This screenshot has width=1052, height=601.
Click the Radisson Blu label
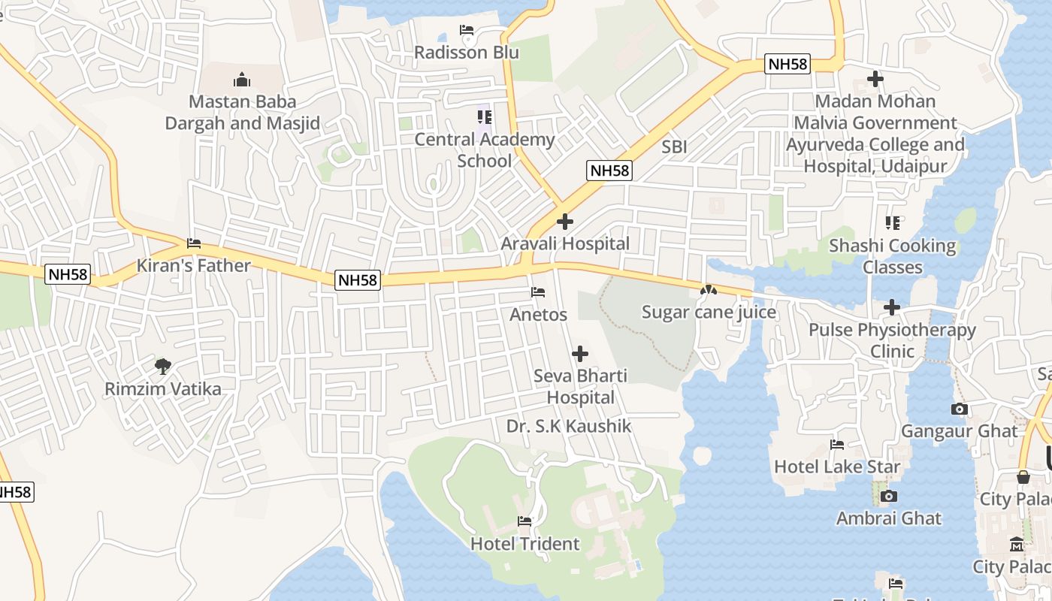pos(467,53)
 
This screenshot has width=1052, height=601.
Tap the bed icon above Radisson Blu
pos(467,31)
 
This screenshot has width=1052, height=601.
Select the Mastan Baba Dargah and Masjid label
pos(242,112)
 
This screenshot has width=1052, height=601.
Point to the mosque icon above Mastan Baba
pos(242,79)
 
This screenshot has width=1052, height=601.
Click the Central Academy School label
pos(485,149)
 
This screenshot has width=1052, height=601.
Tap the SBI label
pos(674,146)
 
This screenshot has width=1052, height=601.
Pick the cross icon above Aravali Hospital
pos(565,222)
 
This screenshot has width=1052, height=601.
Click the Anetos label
pos(538,314)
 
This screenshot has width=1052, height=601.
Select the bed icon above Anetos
pos(538,291)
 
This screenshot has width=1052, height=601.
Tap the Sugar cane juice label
pos(709,311)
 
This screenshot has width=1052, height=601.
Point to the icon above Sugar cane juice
pos(708,289)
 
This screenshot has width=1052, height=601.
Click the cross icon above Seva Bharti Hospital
pos(580,353)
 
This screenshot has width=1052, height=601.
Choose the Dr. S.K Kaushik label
pos(568,426)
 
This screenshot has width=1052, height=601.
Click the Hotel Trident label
pos(524,543)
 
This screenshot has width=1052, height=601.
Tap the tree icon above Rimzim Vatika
pos(163,367)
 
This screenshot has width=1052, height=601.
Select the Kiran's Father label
pos(193,265)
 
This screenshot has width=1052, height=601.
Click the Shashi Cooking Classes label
pos(892,256)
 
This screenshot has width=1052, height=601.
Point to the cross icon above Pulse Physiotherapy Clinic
pos(892,307)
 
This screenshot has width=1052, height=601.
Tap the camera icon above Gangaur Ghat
pos(960,409)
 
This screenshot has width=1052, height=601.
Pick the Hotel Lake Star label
pos(837,466)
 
